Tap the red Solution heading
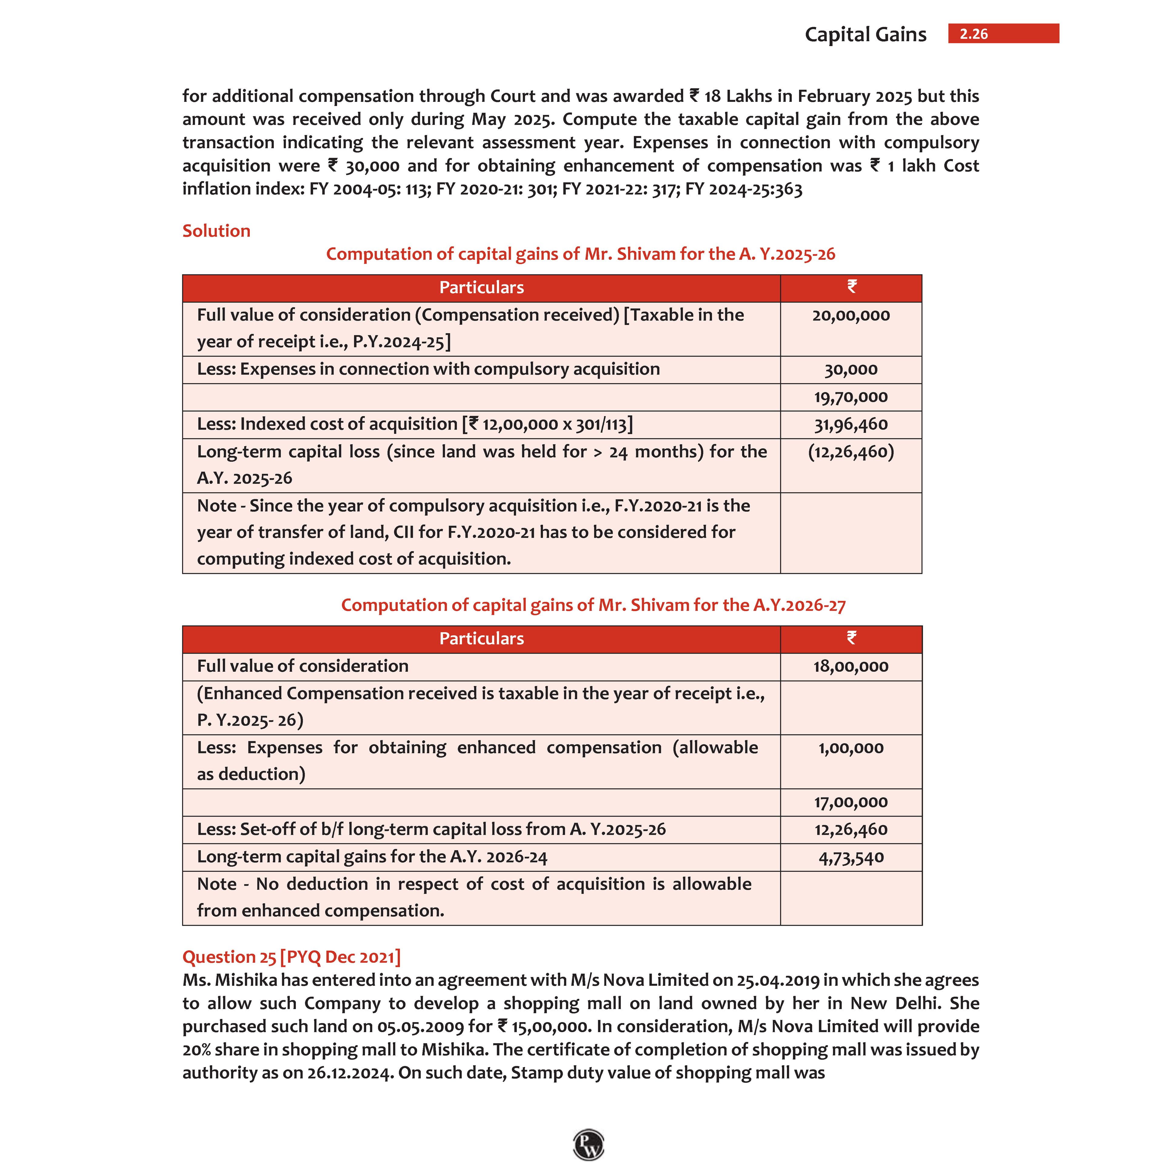pos(216,231)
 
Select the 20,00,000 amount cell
pos(851,315)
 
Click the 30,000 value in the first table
pos(851,369)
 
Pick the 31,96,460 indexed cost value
pos(851,424)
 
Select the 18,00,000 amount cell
pos(851,666)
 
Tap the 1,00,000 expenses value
pos(851,748)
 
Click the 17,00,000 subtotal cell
pos(851,802)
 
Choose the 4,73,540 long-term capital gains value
pos(851,857)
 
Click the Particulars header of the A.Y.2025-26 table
pos(481,287)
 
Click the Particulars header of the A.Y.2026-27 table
pos(481,639)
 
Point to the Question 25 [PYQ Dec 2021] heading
pos(292,957)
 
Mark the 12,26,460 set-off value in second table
pos(851,830)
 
